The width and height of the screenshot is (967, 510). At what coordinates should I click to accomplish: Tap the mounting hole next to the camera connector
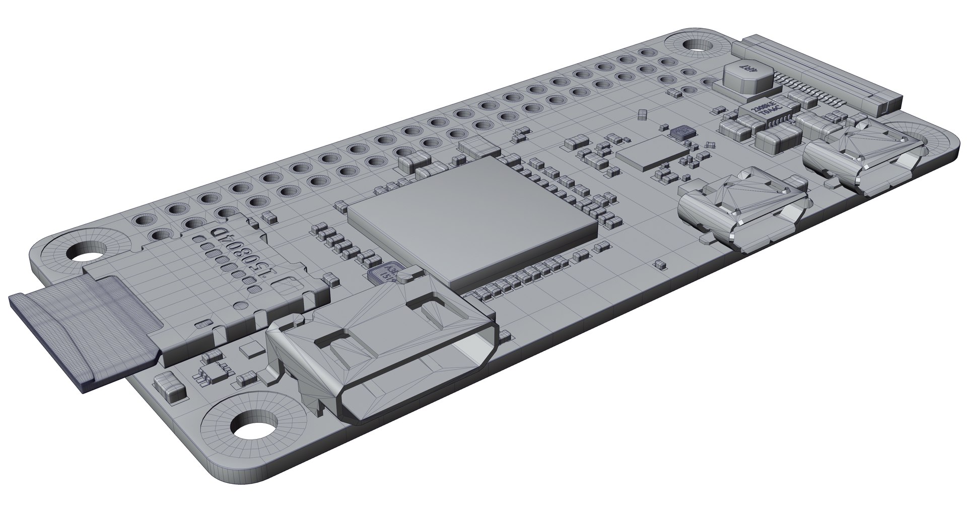(700, 45)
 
